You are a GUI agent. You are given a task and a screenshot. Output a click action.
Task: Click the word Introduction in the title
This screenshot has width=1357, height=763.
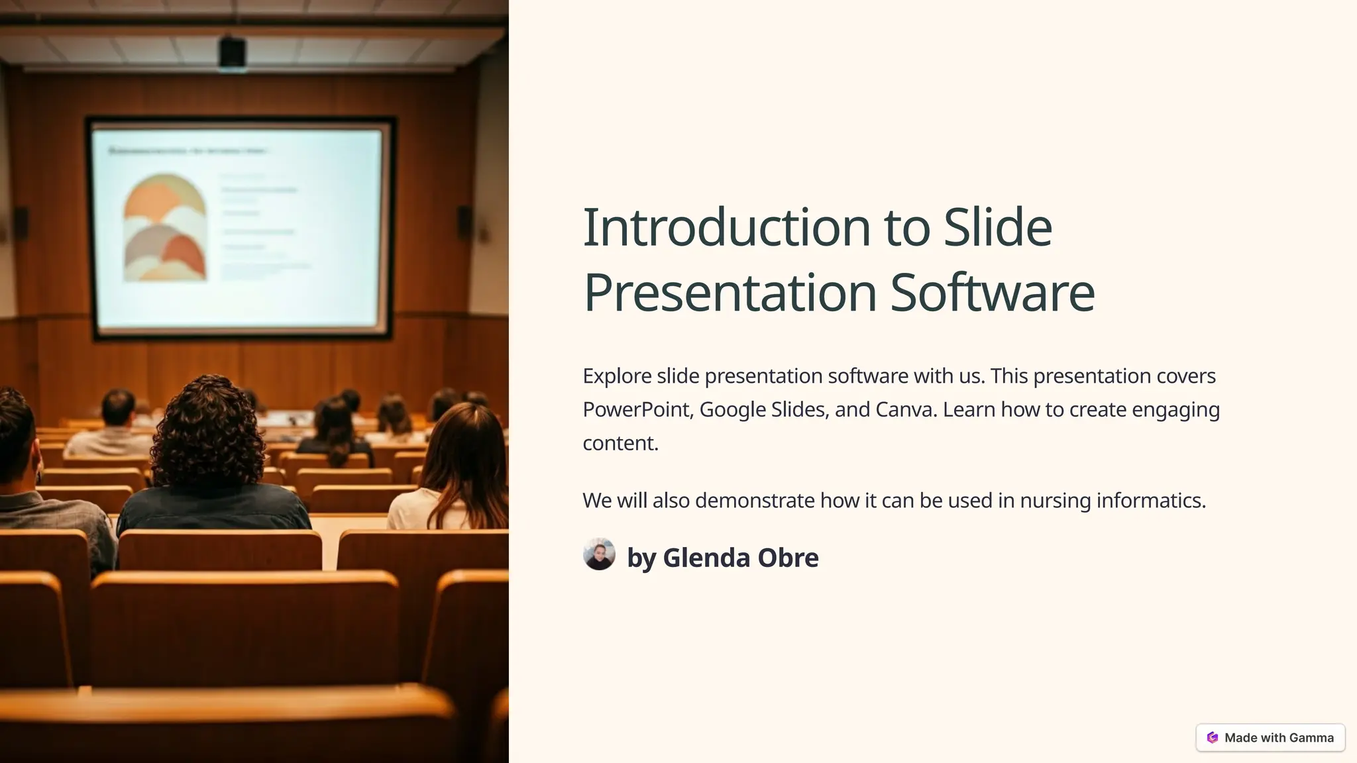[726, 227]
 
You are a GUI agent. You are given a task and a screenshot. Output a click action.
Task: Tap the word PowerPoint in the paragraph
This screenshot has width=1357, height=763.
[637, 409]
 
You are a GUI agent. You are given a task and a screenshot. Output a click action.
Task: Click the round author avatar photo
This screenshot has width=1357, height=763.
[599, 554]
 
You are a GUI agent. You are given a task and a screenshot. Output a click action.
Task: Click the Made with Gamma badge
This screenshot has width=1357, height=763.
[1270, 737]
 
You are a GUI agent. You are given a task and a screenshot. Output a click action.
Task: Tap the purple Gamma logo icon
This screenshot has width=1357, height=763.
[1213, 737]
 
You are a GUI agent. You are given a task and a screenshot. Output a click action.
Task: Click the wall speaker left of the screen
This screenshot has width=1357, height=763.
[21, 223]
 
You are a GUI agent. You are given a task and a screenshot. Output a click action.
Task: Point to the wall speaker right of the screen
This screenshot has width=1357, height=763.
[464, 222]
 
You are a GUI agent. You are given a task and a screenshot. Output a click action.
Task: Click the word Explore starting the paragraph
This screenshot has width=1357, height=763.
[617, 376]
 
